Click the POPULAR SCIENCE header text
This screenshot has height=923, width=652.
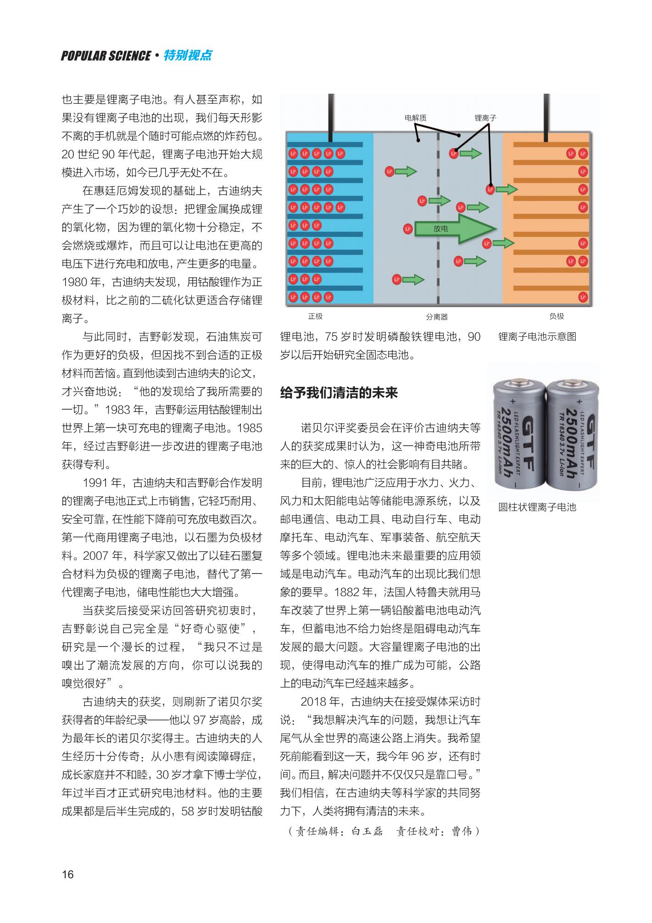click(x=106, y=56)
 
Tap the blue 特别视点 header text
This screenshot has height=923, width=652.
click(x=189, y=56)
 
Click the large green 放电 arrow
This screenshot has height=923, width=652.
click(x=454, y=228)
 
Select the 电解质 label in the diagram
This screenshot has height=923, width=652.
click(x=415, y=118)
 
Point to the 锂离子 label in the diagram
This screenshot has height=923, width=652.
click(x=485, y=118)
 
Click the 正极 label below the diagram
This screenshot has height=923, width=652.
click(x=315, y=316)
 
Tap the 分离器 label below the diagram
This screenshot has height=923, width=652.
click(x=436, y=317)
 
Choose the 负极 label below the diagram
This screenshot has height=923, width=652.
click(x=557, y=316)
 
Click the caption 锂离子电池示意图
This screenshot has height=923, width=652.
click(x=537, y=337)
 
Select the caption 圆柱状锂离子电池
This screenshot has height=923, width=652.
click(x=537, y=507)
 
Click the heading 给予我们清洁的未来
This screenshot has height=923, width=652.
click(x=339, y=393)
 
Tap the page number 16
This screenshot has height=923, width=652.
click(x=67, y=874)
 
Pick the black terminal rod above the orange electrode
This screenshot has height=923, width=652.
click(x=546, y=118)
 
